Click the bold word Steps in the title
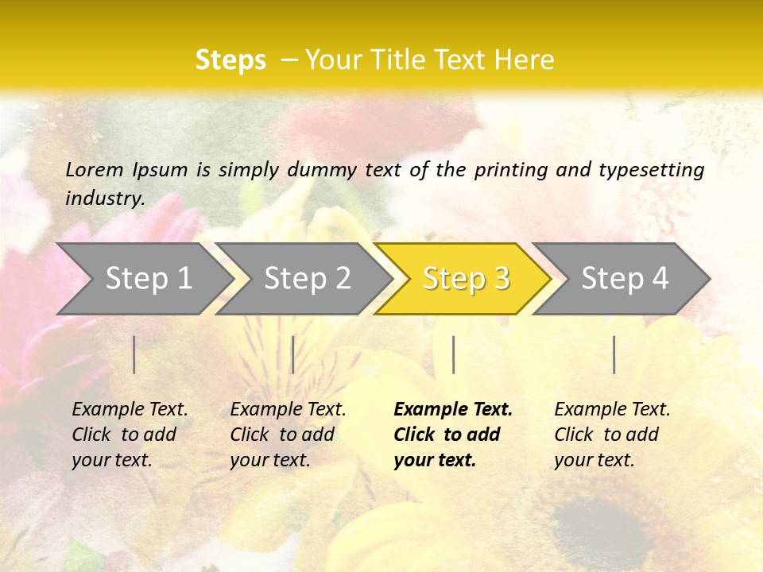click(230, 60)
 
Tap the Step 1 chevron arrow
click(148, 279)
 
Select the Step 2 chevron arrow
click(307, 279)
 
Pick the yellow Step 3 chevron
click(466, 279)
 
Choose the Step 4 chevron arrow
click(625, 279)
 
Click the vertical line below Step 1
click(134, 354)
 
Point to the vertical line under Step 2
click(293, 354)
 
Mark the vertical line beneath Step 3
click(454, 354)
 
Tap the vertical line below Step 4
click(614, 354)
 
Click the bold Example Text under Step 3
click(453, 435)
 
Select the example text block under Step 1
click(130, 435)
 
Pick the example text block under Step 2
click(288, 435)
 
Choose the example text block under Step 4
click(612, 435)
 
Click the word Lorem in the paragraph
click(95, 169)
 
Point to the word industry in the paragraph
click(104, 199)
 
